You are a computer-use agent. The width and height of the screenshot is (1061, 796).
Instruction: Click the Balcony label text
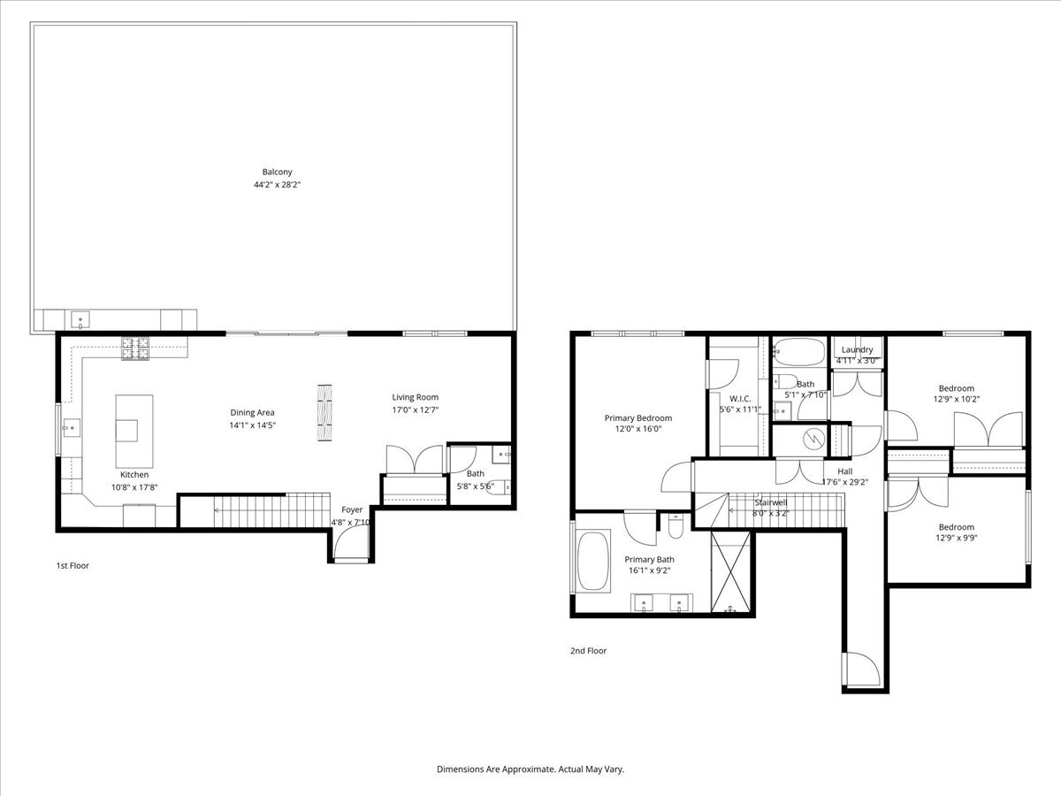pyautogui.click(x=277, y=172)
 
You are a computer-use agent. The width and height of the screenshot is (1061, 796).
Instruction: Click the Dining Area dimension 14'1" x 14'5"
pyautogui.click(x=253, y=425)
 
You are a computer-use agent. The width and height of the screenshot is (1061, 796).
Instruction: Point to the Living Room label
pyautogui.click(x=415, y=397)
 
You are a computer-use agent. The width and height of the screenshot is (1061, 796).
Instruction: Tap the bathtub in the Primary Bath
pyautogui.click(x=592, y=562)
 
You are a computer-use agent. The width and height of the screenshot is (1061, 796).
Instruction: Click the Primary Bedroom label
pyautogui.click(x=637, y=418)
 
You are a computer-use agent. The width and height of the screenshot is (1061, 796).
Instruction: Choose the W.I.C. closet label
pyautogui.click(x=740, y=399)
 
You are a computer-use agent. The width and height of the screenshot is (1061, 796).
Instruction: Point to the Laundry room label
pyautogui.click(x=857, y=349)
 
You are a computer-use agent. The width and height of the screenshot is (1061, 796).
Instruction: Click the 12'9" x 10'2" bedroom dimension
pyautogui.click(x=956, y=400)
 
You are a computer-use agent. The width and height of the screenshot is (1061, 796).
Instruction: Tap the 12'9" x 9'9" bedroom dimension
pyautogui.click(x=956, y=538)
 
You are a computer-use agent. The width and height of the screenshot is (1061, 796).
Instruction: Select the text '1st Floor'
pyautogui.click(x=73, y=565)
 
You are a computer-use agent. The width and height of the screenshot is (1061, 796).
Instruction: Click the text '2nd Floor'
pyautogui.click(x=588, y=651)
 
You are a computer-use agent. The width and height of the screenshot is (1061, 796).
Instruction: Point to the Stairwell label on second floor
pyautogui.click(x=769, y=501)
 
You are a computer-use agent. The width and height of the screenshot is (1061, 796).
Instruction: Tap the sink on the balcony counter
pyautogui.click(x=80, y=318)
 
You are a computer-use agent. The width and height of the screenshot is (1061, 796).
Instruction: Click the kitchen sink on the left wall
pyautogui.click(x=69, y=430)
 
